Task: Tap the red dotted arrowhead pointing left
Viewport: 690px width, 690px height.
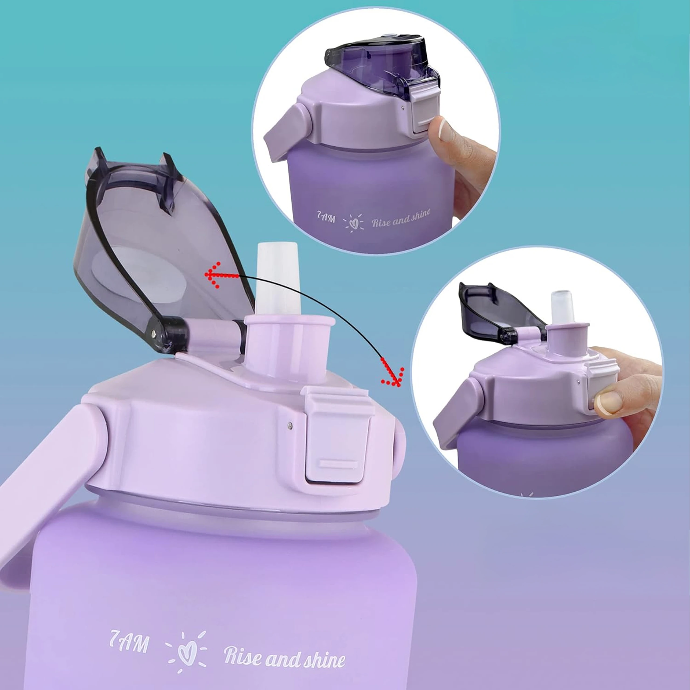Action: point(213,275)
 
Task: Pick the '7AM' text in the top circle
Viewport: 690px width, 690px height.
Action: point(326,217)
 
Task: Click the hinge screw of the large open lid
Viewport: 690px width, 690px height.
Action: point(154,334)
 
